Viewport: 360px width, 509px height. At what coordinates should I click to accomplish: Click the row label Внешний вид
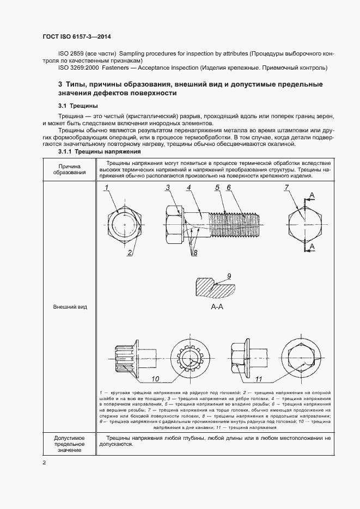[x=69, y=307]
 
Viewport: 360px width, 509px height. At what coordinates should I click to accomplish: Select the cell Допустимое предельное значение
[x=69, y=444]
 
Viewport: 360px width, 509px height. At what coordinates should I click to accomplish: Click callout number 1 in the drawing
[x=108, y=188]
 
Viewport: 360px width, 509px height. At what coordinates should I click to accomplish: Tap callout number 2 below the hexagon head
[x=130, y=252]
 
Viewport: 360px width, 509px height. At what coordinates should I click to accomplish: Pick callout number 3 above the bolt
[x=168, y=188]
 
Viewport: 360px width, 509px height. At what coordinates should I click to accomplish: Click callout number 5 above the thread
[x=217, y=188]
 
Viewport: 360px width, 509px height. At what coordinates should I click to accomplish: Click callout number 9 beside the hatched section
[x=229, y=276]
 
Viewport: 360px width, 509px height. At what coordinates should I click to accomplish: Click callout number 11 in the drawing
[x=259, y=379]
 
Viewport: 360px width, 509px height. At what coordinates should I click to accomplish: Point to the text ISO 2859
[x=71, y=54]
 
